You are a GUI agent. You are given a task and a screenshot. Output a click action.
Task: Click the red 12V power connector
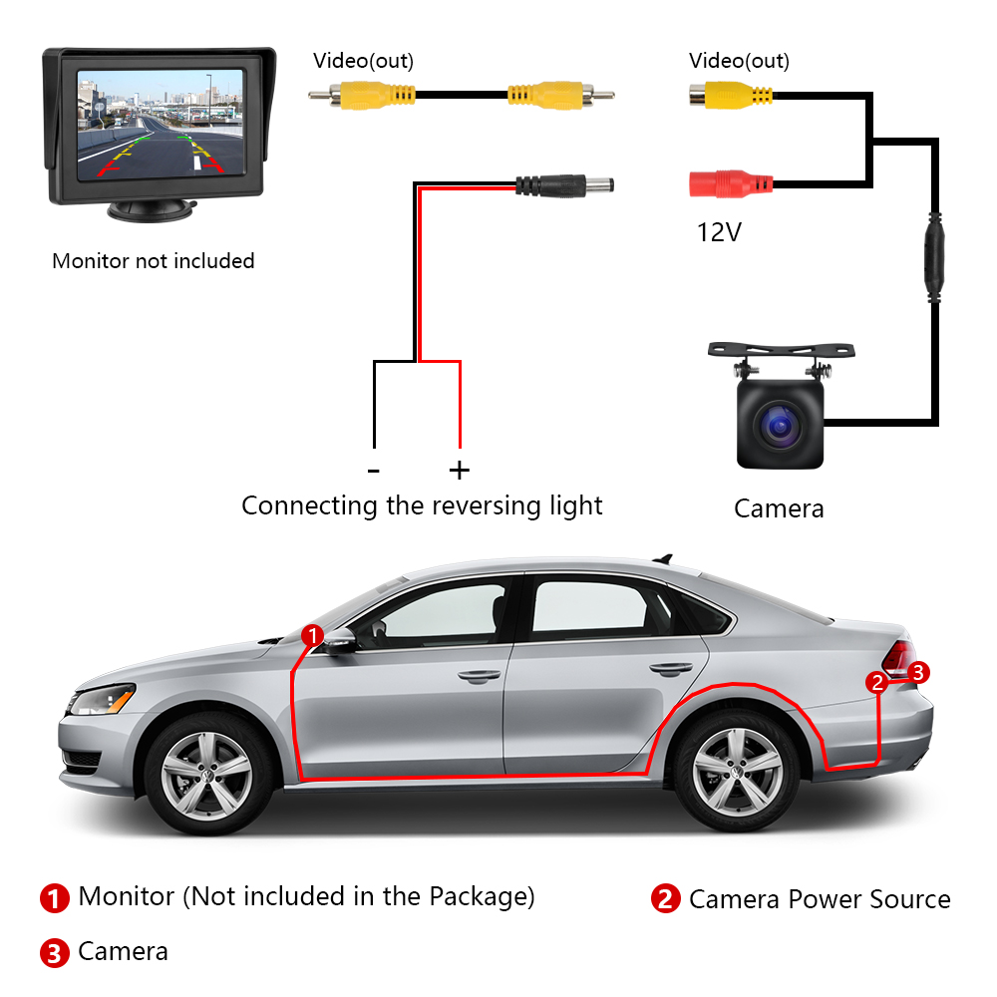click(x=731, y=183)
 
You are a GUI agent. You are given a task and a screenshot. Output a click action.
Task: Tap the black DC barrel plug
click(x=564, y=185)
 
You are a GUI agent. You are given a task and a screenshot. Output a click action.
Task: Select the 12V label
click(x=719, y=232)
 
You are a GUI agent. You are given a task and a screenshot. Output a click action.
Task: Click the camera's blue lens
click(x=780, y=425)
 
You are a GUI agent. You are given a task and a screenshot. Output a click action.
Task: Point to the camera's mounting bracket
click(x=781, y=350)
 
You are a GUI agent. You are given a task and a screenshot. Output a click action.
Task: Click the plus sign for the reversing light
click(x=459, y=471)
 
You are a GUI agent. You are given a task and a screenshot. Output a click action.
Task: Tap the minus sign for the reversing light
click(x=374, y=472)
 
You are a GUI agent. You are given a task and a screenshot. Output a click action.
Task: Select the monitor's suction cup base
click(x=152, y=210)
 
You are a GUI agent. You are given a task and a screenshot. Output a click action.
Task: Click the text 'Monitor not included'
click(x=154, y=260)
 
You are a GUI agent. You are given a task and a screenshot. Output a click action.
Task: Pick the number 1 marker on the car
click(x=312, y=635)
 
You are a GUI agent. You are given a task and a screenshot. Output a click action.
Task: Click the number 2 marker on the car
click(x=877, y=682)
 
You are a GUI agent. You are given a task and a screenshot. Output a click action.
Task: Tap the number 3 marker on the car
click(x=918, y=672)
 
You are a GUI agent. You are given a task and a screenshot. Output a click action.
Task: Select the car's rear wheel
click(x=737, y=771)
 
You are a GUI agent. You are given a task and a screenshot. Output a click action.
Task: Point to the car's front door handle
click(x=480, y=676)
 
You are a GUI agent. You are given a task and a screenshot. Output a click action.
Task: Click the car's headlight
click(x=102, y=700)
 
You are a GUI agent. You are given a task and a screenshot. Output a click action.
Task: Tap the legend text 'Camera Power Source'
click(x=820, y=899)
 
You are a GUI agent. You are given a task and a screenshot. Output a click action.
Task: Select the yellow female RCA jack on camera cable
click(x=731, y=96)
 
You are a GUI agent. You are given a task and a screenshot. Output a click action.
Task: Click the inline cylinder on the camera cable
click(x=934, y=257)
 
